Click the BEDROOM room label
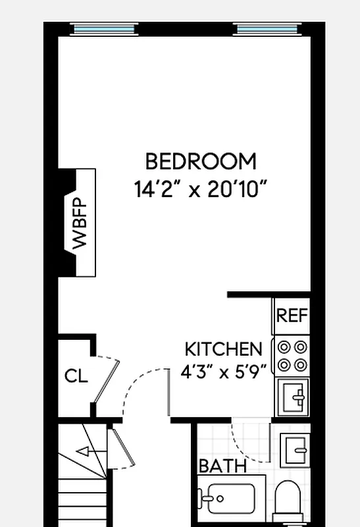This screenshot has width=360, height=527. (201, 161)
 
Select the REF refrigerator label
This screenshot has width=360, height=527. (292, 316)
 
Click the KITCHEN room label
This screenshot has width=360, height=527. (223, 349)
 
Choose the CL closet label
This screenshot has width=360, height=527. (76, 376)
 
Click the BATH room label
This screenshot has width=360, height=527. (222, 466)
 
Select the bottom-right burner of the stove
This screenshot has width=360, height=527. (300, 364)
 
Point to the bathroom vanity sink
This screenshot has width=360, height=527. (294, 449)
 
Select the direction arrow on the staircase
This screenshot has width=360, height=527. (84, 451)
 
